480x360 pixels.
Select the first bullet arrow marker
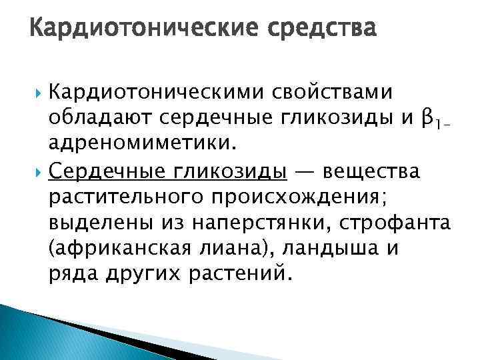pos(38,91)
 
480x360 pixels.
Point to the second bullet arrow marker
pos(38,173)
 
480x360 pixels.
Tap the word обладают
pos(100,118)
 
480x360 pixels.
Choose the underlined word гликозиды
pos(231,172)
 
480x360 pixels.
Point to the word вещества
pos(371,172)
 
